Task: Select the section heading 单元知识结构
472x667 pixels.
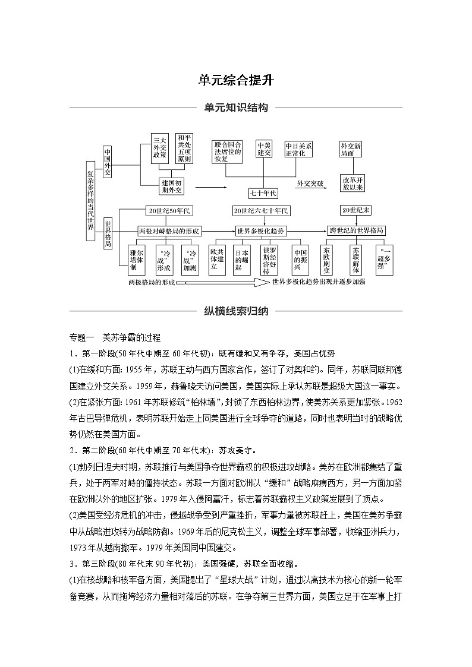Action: (235, 108)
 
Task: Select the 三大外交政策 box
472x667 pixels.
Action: (159, 148)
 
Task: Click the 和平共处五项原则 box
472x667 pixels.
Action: (184, 148)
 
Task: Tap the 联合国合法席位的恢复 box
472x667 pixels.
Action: (228, 152)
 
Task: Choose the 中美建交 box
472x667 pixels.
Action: (264, 149)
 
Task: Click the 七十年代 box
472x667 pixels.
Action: (263, 193)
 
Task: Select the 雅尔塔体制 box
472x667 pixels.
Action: (136, 260)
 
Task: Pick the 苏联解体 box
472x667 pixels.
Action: (356, 260)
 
